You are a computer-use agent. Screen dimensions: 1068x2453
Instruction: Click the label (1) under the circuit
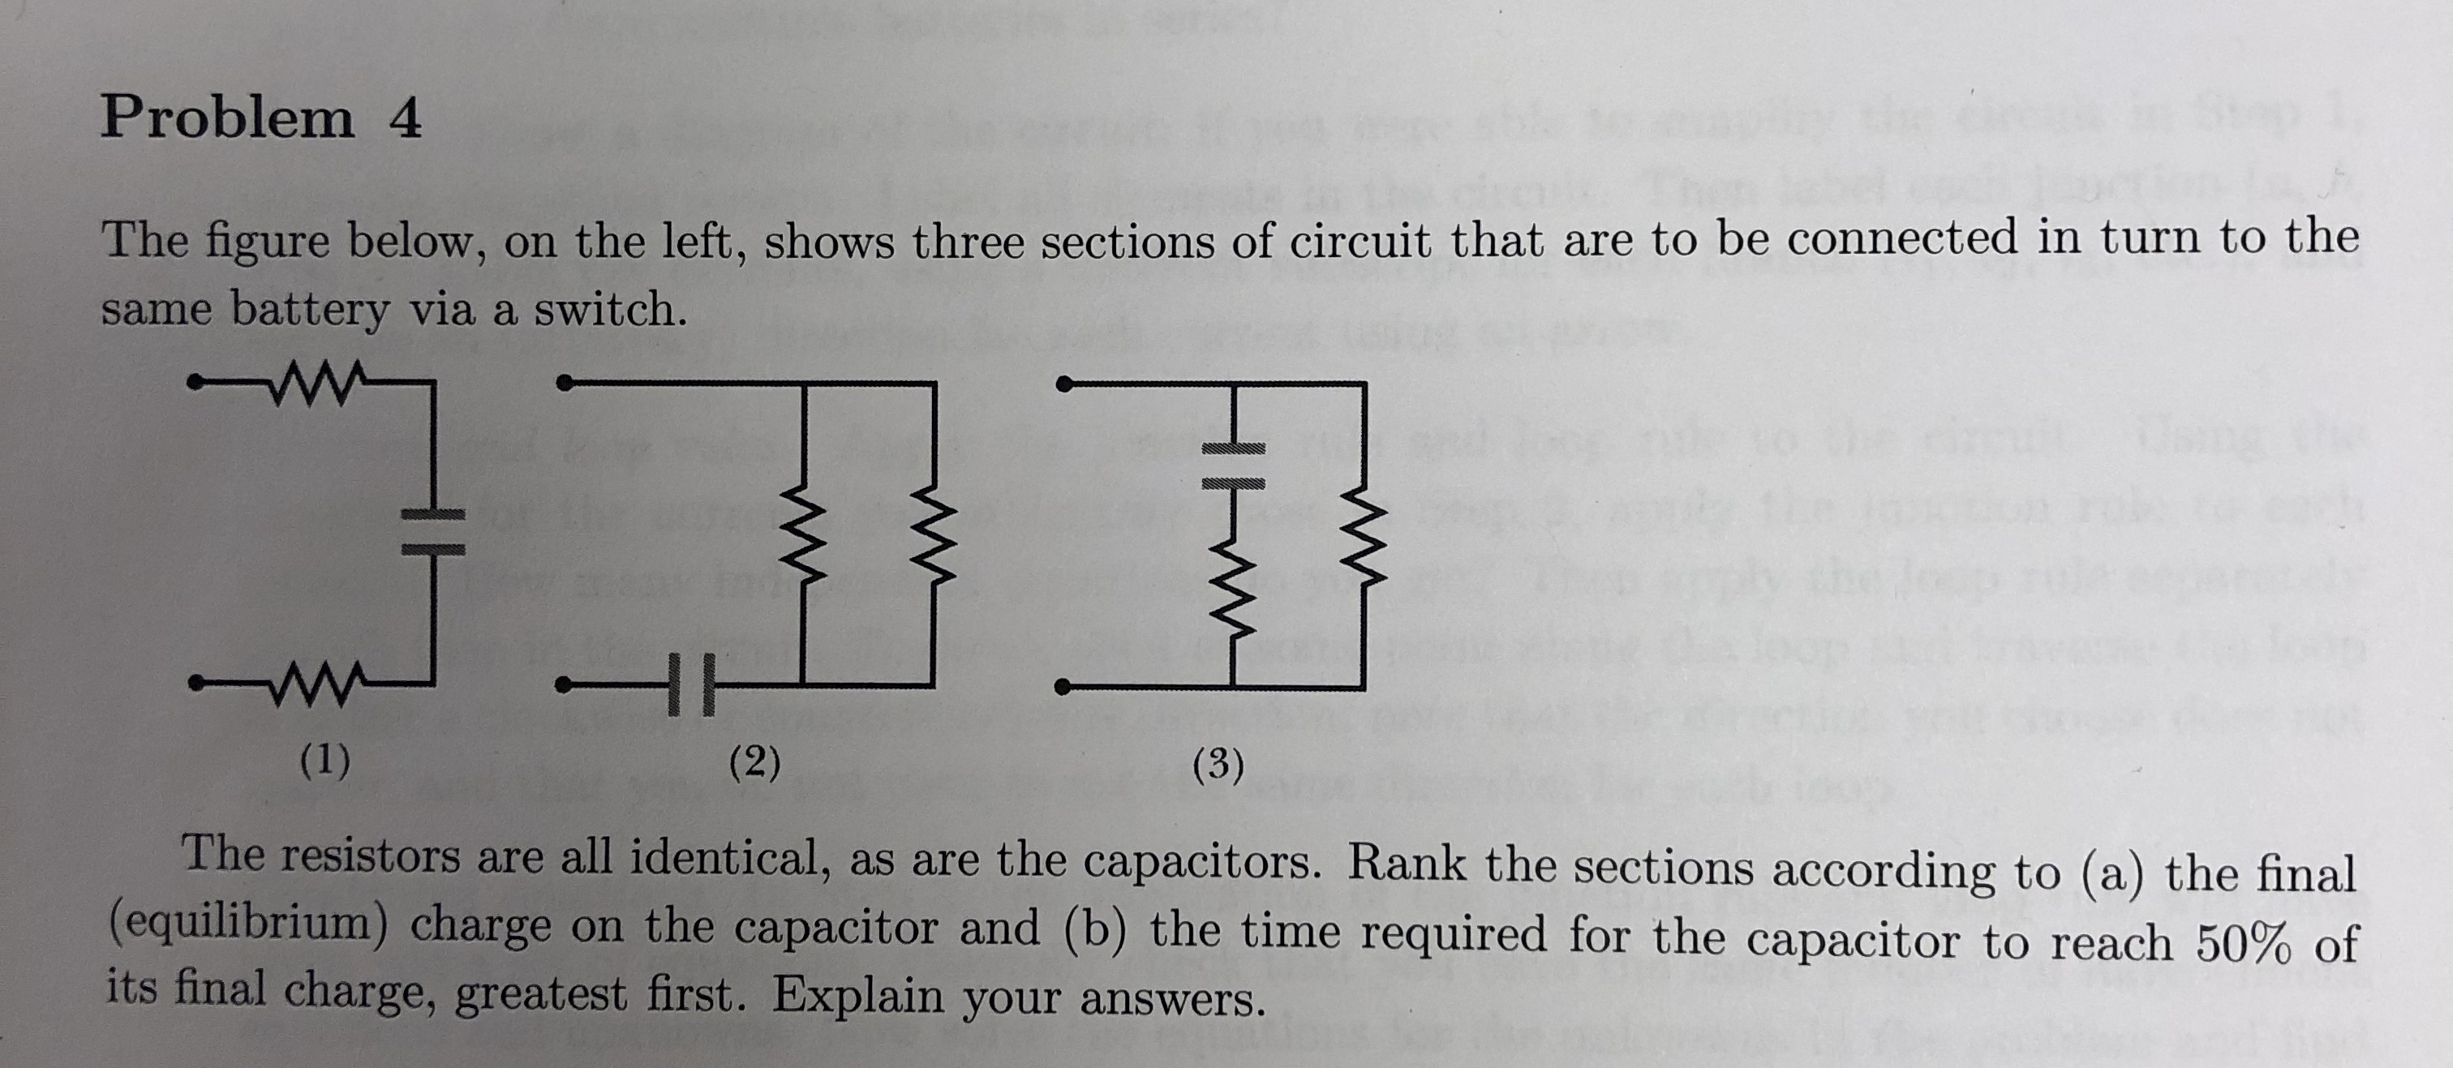tap(324, 761)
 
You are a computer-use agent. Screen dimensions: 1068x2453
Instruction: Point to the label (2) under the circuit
tap(755, 762)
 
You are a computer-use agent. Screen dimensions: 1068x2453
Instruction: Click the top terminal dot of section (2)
tap(565, 384)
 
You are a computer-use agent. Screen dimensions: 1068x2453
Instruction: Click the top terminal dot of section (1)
tap(194, 384)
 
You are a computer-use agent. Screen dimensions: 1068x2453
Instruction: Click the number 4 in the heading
tap(405, 121)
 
